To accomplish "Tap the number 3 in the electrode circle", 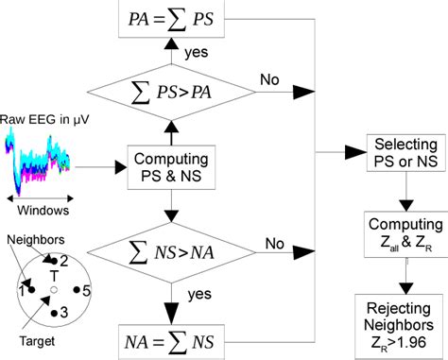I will point(64,312).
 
